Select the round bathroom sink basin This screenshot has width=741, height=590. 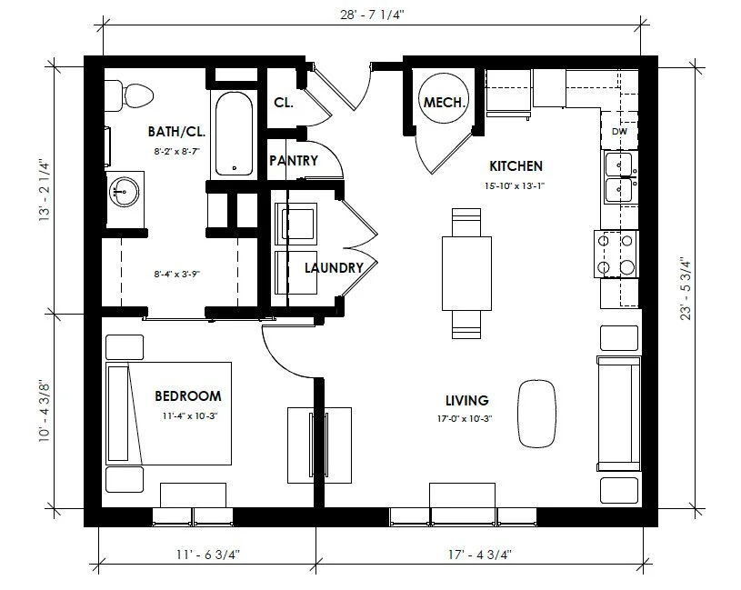[x=124, y=191]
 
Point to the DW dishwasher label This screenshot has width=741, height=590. [x=619, y=132]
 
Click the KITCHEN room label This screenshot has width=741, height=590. [x=516, y=166]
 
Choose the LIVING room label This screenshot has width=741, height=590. [x=467, y=400]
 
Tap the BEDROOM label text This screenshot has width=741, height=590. [x=188, y=396]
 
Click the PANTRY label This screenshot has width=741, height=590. [x=294, y=161]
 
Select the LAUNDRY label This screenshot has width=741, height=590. [x=334, y=268]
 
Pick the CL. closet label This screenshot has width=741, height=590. [x=284, y=103]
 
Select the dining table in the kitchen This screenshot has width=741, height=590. [x=466, y=273]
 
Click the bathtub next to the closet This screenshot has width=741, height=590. [x=235, y=132]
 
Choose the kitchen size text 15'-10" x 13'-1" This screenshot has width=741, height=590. [x=516, y=185]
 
